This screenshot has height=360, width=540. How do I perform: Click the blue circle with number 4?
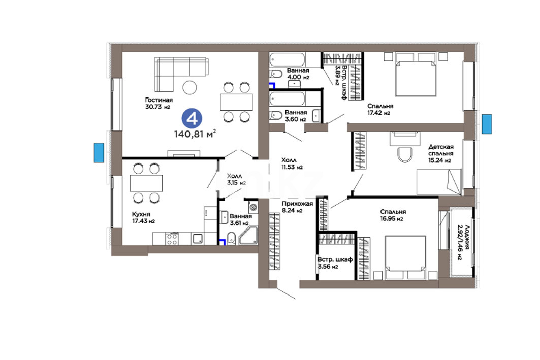[192, 118]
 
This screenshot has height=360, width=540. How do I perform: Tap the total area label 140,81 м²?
[195, 134]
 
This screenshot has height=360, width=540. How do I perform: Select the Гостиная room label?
[159, 100]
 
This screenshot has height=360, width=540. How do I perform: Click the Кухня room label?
[141, 214]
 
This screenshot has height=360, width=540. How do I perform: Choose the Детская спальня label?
[441, 150]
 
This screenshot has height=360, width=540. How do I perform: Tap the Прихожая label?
[297, 204]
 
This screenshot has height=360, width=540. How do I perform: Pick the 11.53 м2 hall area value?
[292, 167]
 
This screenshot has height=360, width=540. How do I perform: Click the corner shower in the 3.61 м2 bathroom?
[248, 236]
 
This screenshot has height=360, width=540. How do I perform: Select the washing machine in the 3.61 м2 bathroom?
[253, 207]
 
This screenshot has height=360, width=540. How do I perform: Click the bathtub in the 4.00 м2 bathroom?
[287, 59]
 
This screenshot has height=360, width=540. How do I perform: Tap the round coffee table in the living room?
[190, 87]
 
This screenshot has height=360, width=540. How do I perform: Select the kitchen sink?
[198, 239]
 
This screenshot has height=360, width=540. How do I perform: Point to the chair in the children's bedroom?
[405, 154]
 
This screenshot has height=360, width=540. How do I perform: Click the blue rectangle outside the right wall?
[487, 124]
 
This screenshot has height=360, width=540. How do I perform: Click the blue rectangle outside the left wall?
[99, 153]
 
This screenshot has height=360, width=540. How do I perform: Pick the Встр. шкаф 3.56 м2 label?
[335, 263]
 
